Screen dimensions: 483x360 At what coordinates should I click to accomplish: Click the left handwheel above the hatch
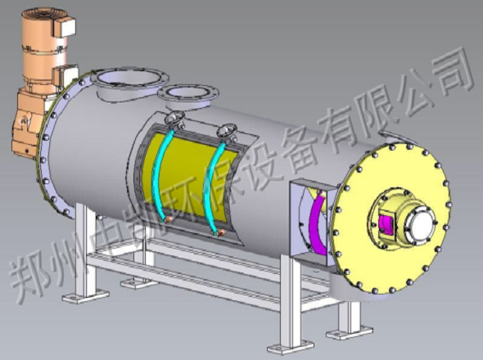point(174,119)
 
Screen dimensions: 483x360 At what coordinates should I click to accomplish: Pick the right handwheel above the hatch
point(227,132)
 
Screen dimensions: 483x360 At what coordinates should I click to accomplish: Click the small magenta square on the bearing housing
point(386,225)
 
